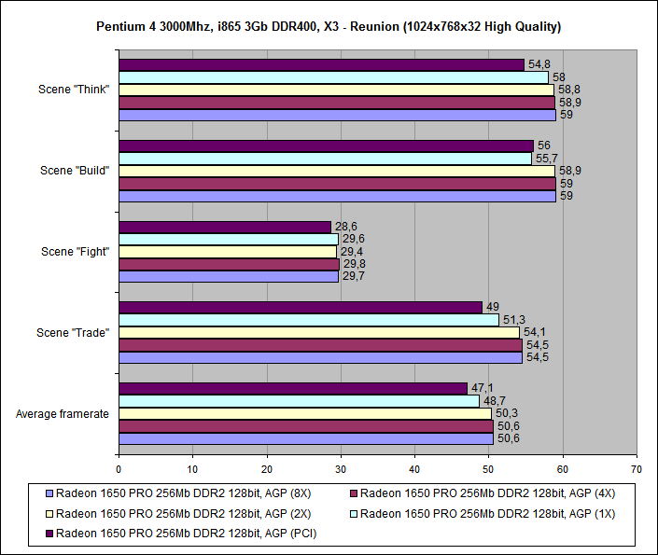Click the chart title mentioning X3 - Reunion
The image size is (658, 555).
(329, 26)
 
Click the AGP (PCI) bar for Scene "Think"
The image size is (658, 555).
(321, 64)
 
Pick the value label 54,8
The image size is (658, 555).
(539, 64)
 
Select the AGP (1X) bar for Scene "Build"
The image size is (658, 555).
(325, 159)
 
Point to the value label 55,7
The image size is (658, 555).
(546, 159)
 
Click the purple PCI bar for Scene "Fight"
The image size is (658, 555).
(225, 227)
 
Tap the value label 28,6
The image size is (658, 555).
(345, 227)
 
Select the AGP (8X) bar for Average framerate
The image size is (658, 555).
(306, 438)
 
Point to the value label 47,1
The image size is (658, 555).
(482, 388)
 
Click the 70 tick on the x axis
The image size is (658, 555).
(637, 470)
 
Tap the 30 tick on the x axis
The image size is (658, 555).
(341, 470)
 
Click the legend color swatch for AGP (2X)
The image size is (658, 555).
(49, 514)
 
